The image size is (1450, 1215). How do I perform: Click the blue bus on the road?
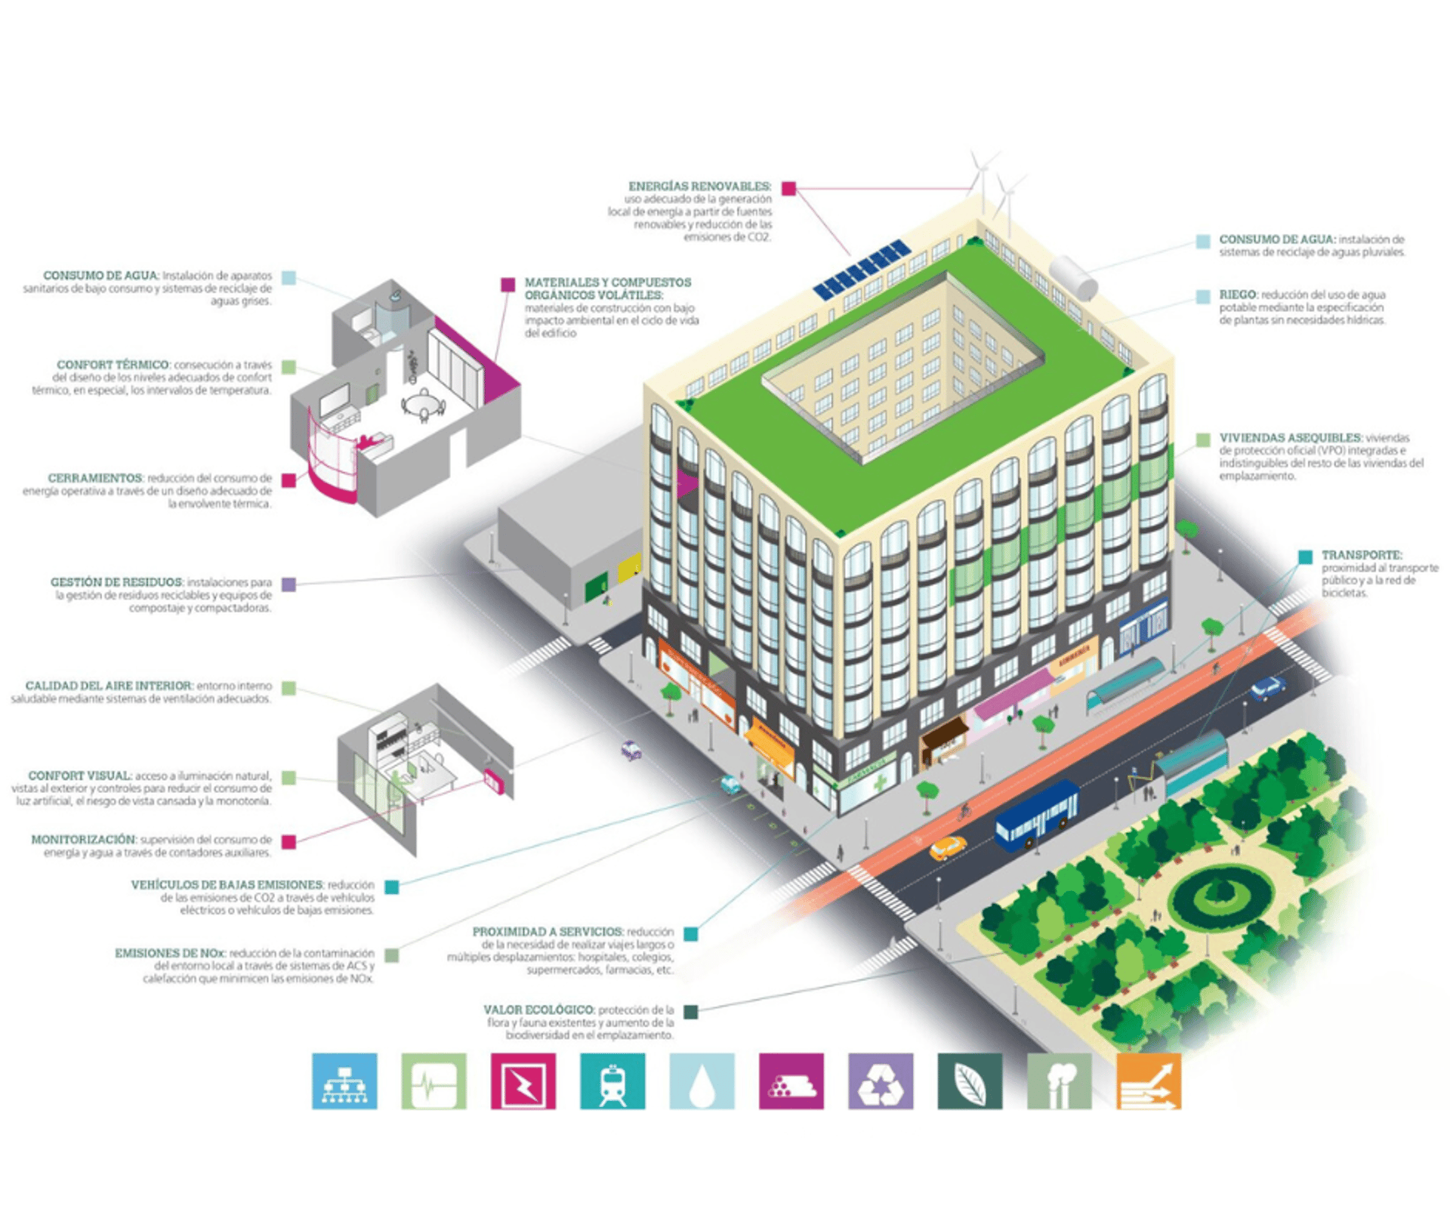(x=1036, y=815)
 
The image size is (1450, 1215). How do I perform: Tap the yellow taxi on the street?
(x=947, y=848)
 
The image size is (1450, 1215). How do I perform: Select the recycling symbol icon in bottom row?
(x=881, y=1081)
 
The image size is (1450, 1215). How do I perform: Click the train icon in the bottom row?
(x=612, y=1081)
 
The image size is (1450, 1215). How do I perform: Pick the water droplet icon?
(x=702, y=1081)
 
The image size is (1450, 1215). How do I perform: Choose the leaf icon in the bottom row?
(x=970, y=1081)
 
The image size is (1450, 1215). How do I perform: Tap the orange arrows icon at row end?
(x=1148, y=1081)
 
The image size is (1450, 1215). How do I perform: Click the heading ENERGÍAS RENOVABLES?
(x=699, y=186)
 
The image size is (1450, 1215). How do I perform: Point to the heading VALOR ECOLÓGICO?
(x=538, y=1009)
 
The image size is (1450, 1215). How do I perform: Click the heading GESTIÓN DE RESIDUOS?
(x=116, y=582)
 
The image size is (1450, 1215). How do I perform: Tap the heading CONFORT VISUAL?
(x=80, y=776)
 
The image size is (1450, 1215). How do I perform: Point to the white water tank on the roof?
(x=1074, y=277)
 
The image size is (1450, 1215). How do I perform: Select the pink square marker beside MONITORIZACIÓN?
(x=288, y=841)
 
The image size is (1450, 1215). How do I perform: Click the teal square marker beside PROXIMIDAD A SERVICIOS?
(x=690, y=933)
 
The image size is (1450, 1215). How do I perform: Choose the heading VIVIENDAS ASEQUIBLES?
(x=1290, y=437)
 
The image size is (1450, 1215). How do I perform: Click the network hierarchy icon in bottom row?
(x=344, y=1081)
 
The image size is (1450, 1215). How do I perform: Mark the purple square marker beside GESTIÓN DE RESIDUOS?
(x=288, y=584)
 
